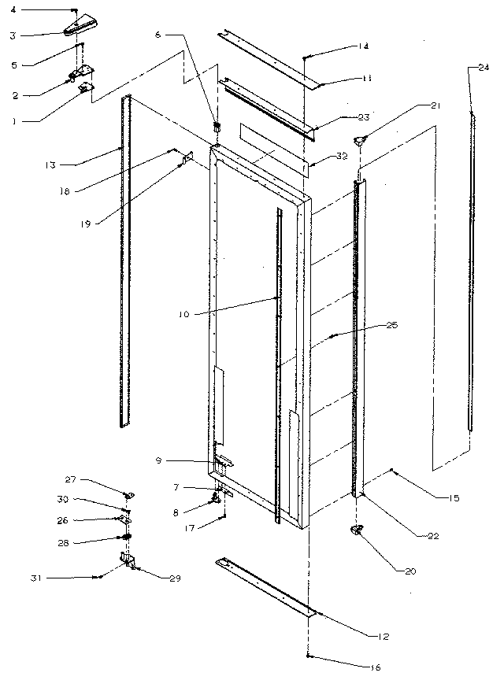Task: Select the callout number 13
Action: (50, 165)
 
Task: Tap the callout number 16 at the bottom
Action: (375, 667)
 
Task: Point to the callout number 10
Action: (183, 313)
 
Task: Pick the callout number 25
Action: (391, 325)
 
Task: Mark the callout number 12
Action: (383, 635)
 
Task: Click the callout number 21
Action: (435, 105)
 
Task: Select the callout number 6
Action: (157, 35)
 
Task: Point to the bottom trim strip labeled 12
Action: (264, 586)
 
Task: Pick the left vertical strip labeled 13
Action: (123, 260)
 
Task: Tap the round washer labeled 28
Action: (124, 538)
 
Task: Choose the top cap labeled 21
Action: (362, 140)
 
